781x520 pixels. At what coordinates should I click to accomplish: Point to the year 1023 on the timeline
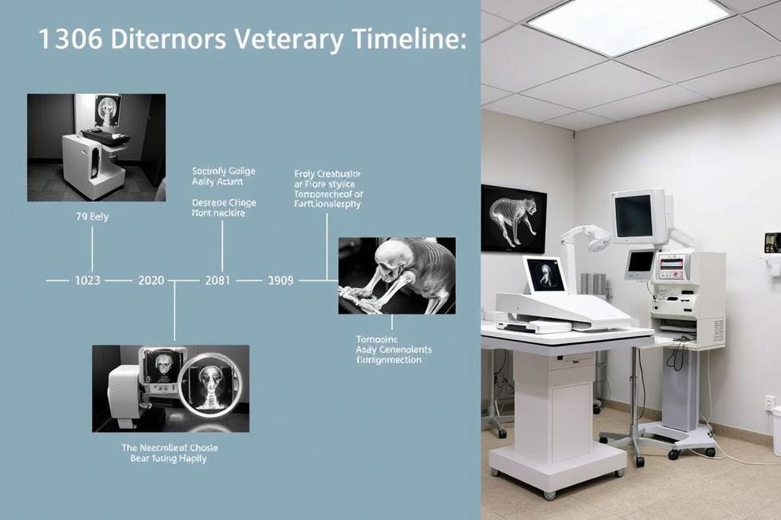(x=88, y=280)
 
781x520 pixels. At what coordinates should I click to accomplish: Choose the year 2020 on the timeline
(x=151, y=280)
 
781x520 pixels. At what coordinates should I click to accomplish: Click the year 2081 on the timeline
(x=218, y=280)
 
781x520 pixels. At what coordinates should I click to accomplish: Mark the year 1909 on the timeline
(x=281, y=280)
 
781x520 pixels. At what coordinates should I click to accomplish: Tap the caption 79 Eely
(x=92, y=216)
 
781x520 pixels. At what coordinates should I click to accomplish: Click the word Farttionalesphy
(x=327, y=205)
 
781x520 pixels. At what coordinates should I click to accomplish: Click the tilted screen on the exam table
(x=545, y=275)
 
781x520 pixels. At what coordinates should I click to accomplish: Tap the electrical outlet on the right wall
(x=770, y=402)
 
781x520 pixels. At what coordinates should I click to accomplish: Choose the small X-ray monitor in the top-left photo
(x=107, y=110)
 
